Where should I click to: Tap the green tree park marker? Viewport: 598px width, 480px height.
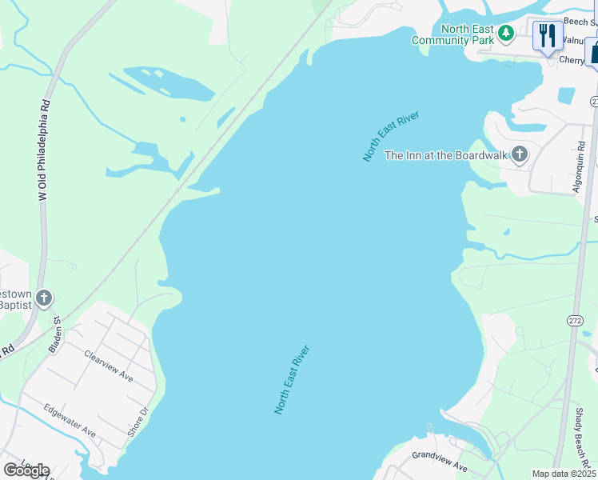click(505, 33)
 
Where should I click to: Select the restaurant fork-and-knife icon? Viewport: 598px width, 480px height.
click(548, 36)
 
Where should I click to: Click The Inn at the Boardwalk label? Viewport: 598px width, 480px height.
click(446, 155)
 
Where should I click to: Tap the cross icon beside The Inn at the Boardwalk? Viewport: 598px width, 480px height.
click(520, 154)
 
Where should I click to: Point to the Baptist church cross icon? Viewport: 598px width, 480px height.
click(44, 298)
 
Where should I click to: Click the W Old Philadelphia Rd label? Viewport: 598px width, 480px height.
click(46, 150)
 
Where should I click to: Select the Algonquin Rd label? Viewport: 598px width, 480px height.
click(580, 168)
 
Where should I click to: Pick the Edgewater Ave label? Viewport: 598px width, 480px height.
click(70, 420)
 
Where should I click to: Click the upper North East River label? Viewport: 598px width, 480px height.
click(390, 137)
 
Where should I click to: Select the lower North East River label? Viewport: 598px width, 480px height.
click(292, 379)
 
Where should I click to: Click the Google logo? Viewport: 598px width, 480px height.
click(26, 470)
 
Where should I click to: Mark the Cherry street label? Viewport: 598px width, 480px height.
click(571, 60)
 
